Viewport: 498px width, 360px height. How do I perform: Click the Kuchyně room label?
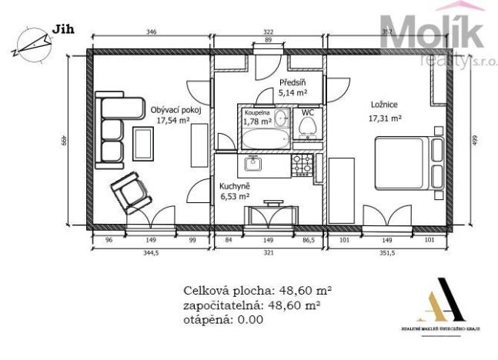click(x=233, y=186)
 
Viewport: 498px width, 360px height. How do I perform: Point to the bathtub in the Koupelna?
click(x=266, y=140)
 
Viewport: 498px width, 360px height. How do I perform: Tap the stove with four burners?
click(x=302, y=162)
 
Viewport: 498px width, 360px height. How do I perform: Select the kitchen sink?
click(x=253, y=163)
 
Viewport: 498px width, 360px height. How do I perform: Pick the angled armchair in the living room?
click(x=128, y=193)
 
